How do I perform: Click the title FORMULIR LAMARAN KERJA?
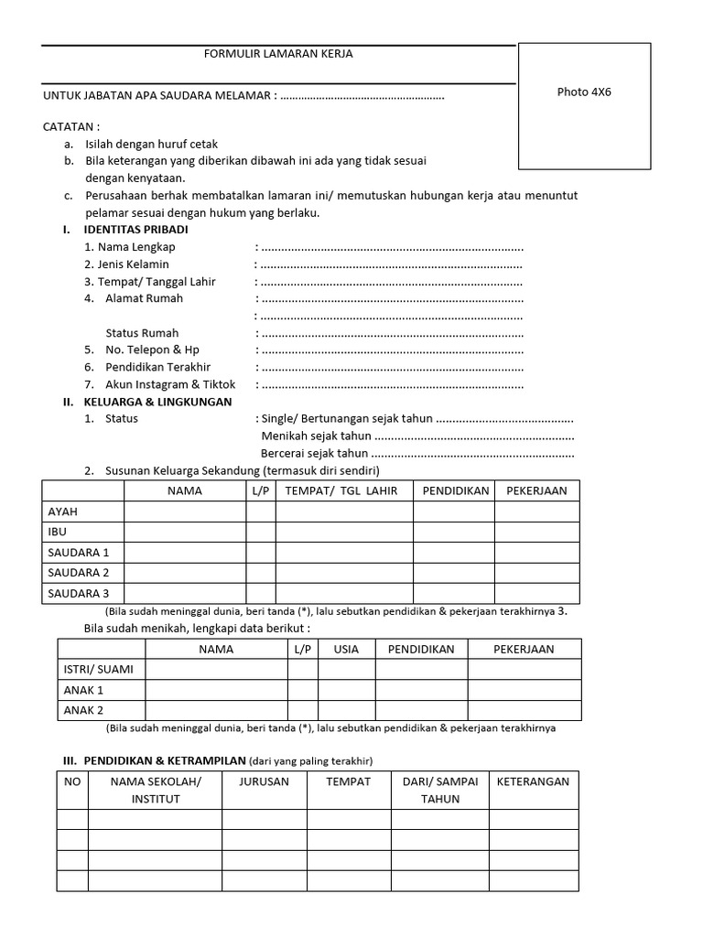point(277,54)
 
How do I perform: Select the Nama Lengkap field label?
point(129,247)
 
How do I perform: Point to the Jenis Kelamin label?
point(126,264)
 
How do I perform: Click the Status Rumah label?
point(142,333)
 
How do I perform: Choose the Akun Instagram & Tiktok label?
point(160,384)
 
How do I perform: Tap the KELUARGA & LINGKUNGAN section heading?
point(157,402)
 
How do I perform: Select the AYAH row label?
point(63,512)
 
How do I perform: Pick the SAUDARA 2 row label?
point(78,573)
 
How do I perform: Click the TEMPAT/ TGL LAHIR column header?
point(341,491)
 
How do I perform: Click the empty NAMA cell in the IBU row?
point(185,532)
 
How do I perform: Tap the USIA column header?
point(346,649)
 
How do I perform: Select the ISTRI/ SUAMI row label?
point(98,669)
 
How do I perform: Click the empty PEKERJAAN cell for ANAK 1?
point(524,690)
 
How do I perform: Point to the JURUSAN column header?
point(264,781)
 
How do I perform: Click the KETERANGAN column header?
point(533,781)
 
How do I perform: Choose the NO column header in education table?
point(72,781)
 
